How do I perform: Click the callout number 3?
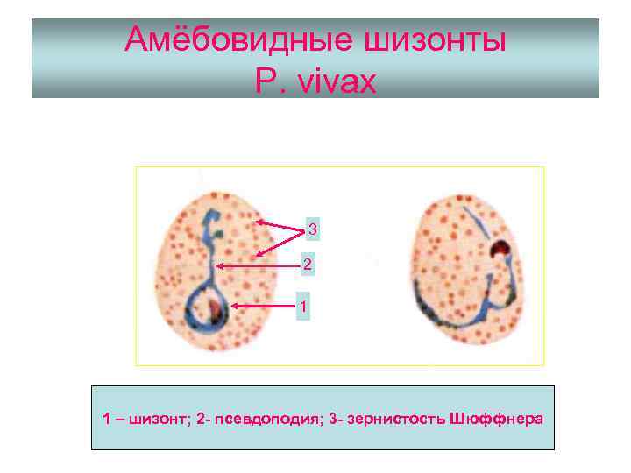[313, 230]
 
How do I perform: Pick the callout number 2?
[306, 264]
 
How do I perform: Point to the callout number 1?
[302, 307]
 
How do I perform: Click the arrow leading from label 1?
[263, 307]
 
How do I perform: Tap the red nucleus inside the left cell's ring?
[214, 307]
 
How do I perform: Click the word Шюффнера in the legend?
[495, 419]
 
